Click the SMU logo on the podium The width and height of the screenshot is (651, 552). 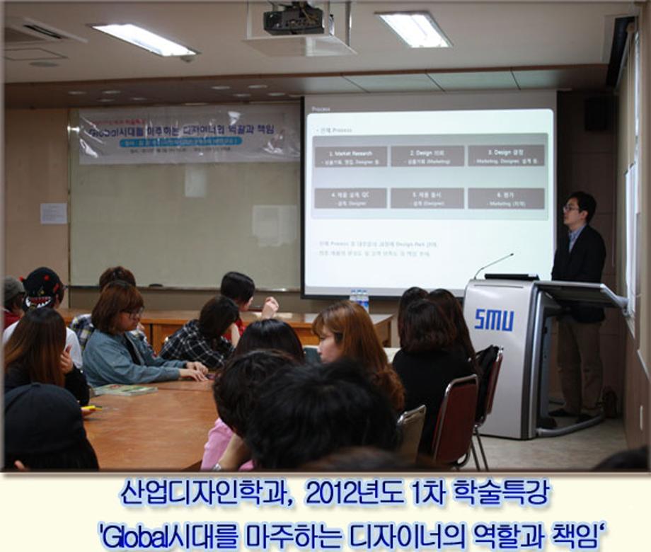(494, 320)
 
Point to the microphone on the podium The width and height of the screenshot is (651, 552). (495, 264)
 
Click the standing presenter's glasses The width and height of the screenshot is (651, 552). (571, 208)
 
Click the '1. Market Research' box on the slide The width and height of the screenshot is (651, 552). (350, 156)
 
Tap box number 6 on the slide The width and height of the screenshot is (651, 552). (506, 197)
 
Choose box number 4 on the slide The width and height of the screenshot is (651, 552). (350, 197)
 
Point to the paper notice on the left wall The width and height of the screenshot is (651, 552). (53, 213)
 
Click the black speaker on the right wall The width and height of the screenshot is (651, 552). (597, 113)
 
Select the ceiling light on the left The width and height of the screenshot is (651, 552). (143, 39)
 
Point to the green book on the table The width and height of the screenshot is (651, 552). (125, 389)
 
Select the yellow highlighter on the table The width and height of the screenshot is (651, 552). (91, 408)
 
